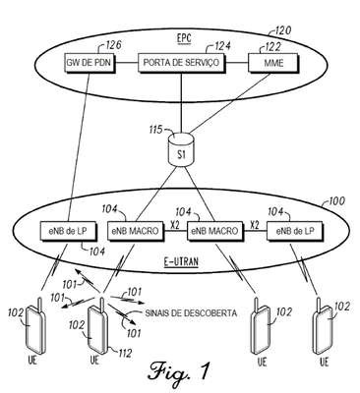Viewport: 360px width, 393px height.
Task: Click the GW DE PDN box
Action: [x=90, y=62]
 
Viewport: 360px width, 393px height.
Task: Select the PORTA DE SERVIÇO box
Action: [x=181, y=62]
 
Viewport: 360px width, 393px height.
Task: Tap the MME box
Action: [x=273, y=62]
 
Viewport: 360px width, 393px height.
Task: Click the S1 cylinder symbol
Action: [x=181, y=148]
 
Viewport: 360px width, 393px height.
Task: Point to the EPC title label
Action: [x=184, y=38]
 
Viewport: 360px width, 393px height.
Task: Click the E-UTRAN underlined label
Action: [x=181, y=262]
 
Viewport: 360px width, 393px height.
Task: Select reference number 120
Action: [x=282, y=30]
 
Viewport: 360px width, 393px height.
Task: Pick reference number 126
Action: [x=112, y=45]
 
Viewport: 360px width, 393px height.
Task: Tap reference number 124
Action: [x=222, y=45]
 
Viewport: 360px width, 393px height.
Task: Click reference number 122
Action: [x=271, y=47]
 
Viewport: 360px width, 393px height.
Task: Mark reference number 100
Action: [x=335, y=200]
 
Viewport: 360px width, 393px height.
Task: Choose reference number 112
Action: [x=124, y=353]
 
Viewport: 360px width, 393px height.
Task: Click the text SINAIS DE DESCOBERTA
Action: [x=191, y=313]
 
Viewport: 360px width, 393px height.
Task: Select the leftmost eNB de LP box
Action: [x=69, y=231]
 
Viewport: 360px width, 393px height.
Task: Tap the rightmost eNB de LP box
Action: [x=295, y=231]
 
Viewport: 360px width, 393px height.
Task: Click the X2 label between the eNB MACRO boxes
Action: [x=175, y=224]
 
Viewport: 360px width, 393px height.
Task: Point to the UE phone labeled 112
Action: [x=97, y=326]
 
